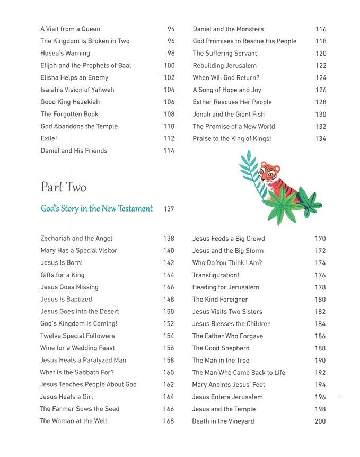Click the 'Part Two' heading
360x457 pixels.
[x=63, y=187]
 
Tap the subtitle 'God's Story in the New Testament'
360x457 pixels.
[x=96, y=208]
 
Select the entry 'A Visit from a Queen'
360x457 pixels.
[x=70, y=29]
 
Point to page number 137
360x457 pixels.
[x=169, y=209]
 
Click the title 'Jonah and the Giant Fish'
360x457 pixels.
[x=229, y=114]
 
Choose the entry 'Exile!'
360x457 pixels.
[x=49, y=138]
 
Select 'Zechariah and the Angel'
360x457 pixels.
[x=76, y=239]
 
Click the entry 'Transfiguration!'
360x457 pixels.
[x=215, y=275]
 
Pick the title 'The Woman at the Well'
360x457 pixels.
[x=73, y=421]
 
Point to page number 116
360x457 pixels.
[x=320, y=29]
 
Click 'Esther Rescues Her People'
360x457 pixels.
[x=232, y=102]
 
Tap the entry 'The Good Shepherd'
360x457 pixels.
[x=221, y=348]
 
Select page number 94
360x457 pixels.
[x=171, y=29]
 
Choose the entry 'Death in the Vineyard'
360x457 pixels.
[x=223, y=421]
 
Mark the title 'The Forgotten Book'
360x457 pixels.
[x=69, y=114]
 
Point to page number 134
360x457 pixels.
[x=320, y=139]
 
